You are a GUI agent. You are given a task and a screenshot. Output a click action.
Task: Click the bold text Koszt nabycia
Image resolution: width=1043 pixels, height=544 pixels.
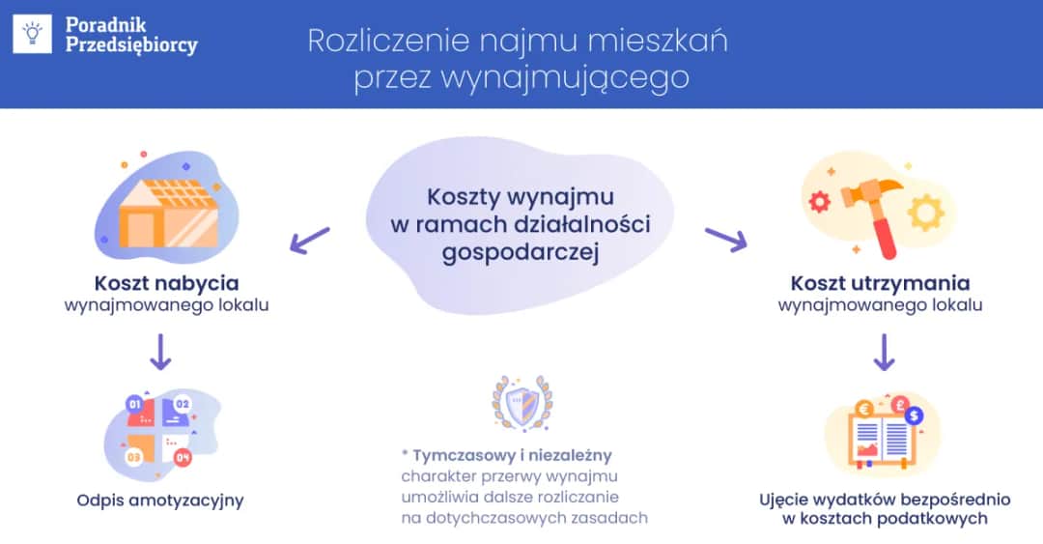click(x=166, y=283)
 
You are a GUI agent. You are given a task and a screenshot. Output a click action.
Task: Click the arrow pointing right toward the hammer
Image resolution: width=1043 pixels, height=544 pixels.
click(x=726, y=239)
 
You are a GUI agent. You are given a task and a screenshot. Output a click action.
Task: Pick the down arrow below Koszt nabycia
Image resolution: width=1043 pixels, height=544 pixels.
click(x=160, y=353)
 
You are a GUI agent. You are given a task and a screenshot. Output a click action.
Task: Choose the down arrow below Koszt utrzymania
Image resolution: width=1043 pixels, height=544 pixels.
click(x=883, y=353)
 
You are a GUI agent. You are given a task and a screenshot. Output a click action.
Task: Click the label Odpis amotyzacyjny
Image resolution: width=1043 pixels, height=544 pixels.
click(x=160, y=501)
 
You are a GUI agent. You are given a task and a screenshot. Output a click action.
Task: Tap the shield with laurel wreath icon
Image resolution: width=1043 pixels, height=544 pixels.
click(x=521, y=403)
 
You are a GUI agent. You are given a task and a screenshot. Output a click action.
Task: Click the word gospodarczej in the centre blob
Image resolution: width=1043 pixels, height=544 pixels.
click(x=521, y=253)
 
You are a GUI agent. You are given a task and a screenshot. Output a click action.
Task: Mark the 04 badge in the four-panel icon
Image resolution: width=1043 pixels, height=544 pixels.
click(x=183, y=456)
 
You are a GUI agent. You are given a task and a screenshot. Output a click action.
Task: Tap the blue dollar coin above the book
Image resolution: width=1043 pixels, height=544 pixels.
click(x=915, y=415)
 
